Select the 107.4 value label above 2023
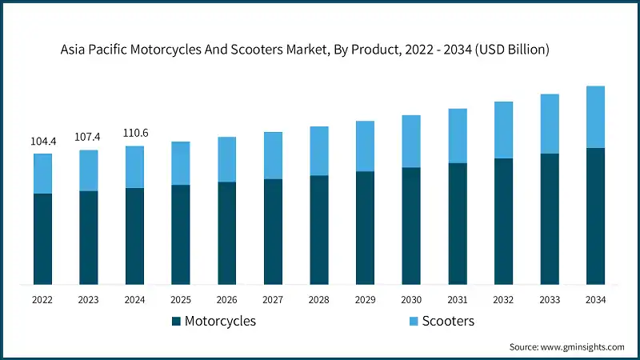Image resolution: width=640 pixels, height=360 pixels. (89, 137)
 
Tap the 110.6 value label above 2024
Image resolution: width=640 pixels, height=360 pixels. (135, 133)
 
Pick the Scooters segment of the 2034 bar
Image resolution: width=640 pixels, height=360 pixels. (595, 117)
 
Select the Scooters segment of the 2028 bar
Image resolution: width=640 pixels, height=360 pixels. (319, 150)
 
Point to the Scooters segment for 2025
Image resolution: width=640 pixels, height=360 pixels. (181, 163)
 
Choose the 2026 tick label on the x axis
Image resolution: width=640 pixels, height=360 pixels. (227, 299)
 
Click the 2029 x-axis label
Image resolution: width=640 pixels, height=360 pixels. (365, 299)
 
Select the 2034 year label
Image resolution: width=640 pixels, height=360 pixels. (595, 299)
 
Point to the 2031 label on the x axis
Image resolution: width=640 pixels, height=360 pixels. (458, 299)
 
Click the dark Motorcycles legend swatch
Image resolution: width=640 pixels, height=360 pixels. (175, 322)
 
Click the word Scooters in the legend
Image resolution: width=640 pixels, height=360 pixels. (449, 321)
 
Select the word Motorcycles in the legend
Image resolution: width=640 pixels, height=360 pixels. (220, 322)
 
